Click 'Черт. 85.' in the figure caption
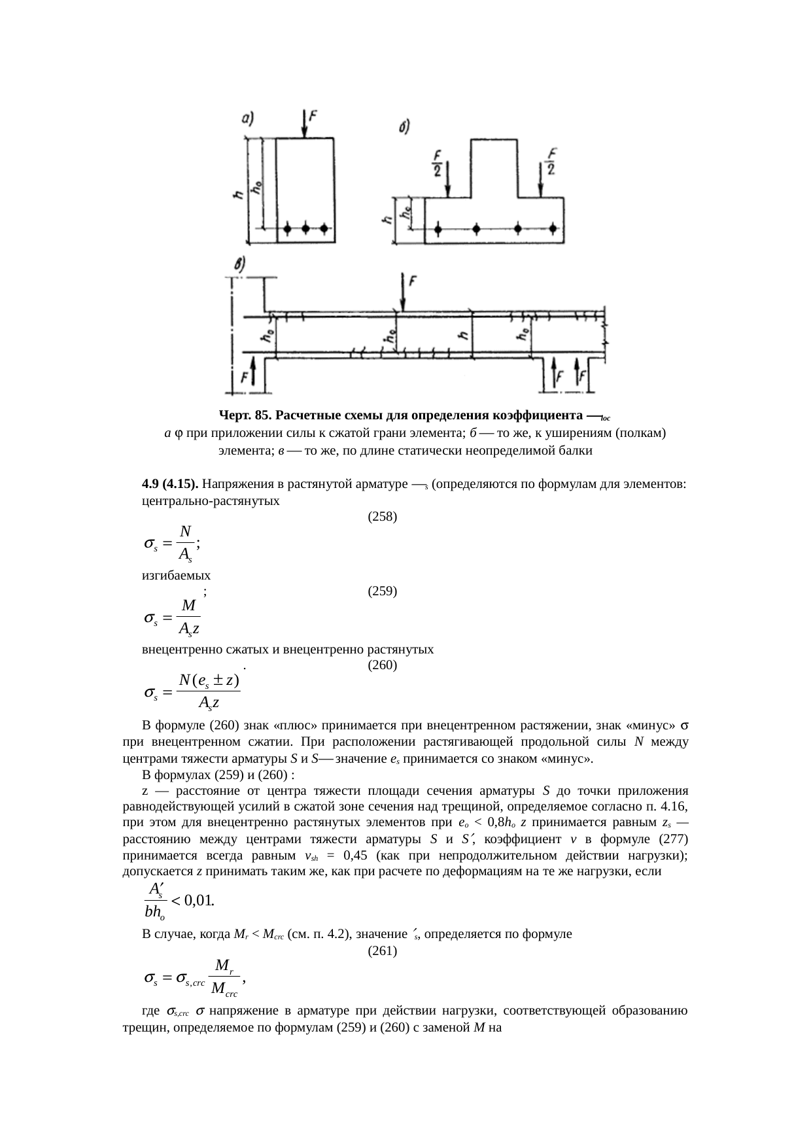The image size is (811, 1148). (x=245, y=415)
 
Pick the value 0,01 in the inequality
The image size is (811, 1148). (x=199, y=900)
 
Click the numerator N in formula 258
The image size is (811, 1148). (x=186, y=531)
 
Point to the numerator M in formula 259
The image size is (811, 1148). (x=188, y=606)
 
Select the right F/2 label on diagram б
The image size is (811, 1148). (x=551, y=161)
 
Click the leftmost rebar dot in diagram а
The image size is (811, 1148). (x=288, y=229)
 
